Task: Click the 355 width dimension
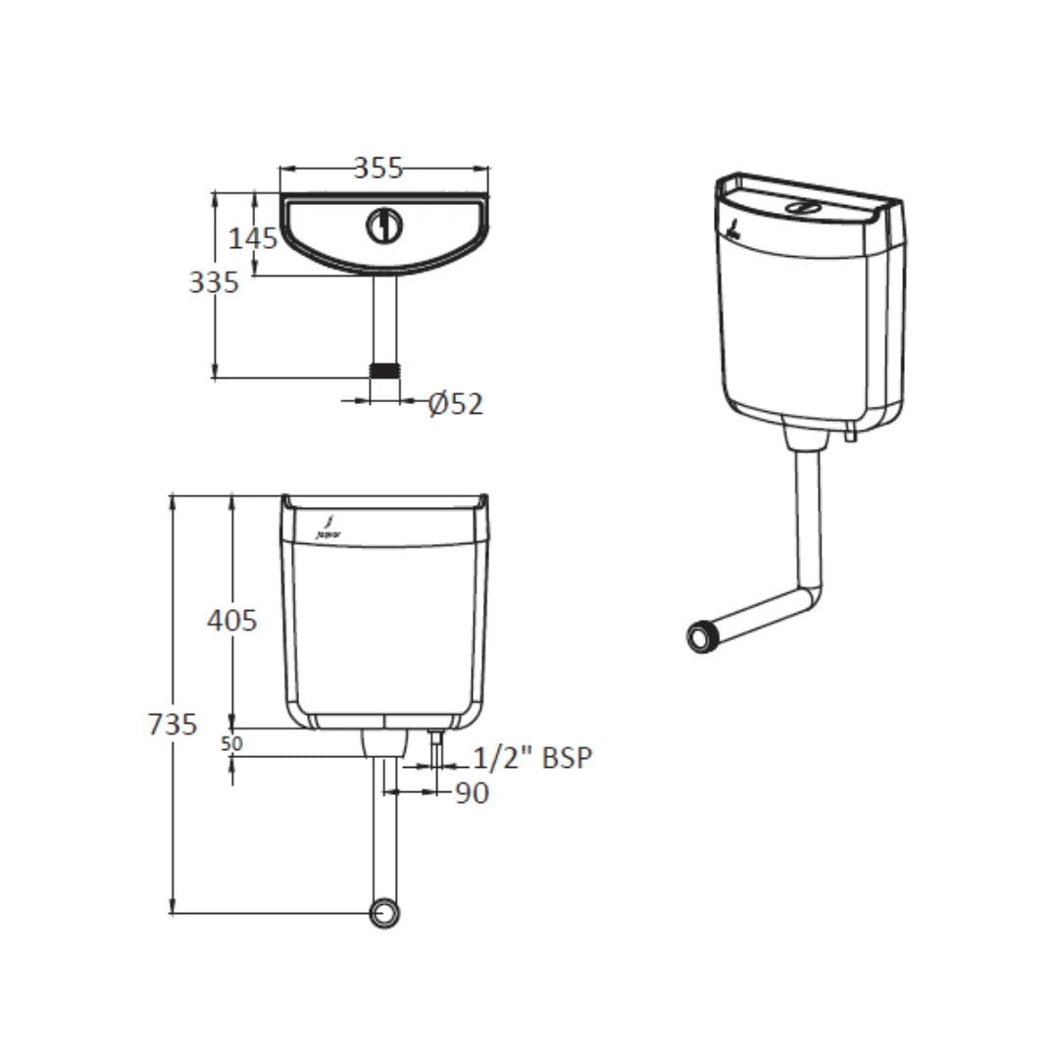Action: [x=378, y=168]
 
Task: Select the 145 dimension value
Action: [x=253, y=237]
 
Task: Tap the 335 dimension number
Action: [x=214, y=282]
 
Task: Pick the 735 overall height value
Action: [x=173, y=725]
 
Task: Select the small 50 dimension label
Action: [x=231, y=744]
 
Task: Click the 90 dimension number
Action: [x=472, y=793]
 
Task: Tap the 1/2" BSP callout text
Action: [x=533, y=758]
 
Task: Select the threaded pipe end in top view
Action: [x=385, y=370]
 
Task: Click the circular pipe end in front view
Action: [x=385, y=913]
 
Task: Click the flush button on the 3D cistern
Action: [x=804, y=208]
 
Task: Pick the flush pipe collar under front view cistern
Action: [x=384, y=742]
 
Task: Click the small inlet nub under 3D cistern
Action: [x=849, y=432]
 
